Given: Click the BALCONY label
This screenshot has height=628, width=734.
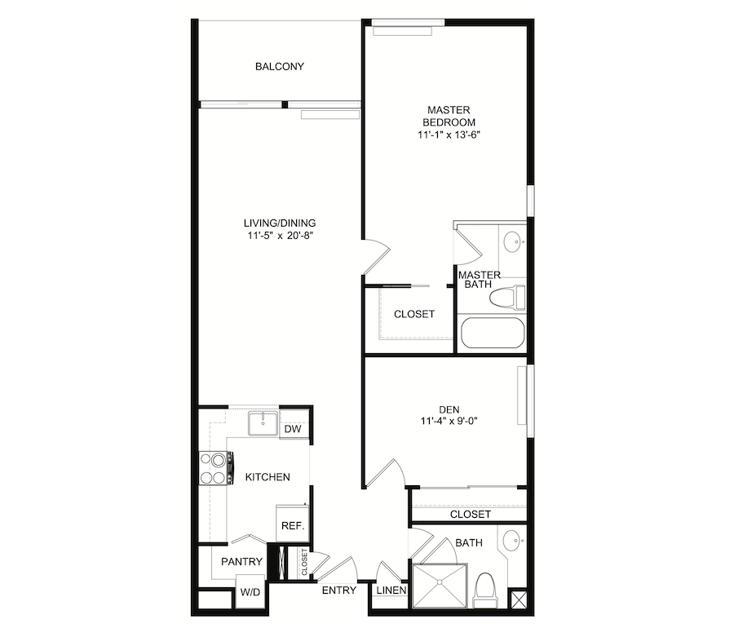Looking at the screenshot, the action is pyautogui.click(x=280, y=66).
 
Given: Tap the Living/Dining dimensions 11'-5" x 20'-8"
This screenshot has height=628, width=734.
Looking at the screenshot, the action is pyautogui.click(x=280, y=236).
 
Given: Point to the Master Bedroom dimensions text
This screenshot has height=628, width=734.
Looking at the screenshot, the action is pyautogui.click(x=449, y=135).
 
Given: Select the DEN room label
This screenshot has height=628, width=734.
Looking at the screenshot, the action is pyautogui.click(x=449, y=409).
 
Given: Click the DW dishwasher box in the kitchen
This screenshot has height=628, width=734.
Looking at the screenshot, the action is pyautogui.click(x=294, y=429).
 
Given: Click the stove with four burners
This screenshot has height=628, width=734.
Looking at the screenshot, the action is pyautogui.click(x=216, y=467).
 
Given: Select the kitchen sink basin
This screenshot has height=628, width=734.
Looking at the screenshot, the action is pyautogui.click(x=263, y=424).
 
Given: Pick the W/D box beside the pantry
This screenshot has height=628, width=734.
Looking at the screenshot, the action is pyautogui.click(x=250, y=592).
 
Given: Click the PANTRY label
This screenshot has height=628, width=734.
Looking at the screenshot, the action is pyautogui.click(x=241, y=562).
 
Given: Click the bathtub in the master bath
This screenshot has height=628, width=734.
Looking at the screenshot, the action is pyautogui.click(x=493, y=333).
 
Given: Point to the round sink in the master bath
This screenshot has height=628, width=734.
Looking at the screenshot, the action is pyautogui.click(x=514, y=242).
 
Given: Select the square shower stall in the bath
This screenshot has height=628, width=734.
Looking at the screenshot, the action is pyautogui.click(x=440, y=586).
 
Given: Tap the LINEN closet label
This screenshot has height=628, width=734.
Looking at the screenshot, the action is pyautogui.click(x=391, y=590).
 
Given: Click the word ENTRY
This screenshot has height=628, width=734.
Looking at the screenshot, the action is pyautogui.click(x=339, y=590).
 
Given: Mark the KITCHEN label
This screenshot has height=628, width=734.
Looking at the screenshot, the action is pyautogui.click(x=268, y=477).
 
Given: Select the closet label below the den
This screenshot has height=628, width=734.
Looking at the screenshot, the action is pyautogui.click(x=471, y=515).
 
